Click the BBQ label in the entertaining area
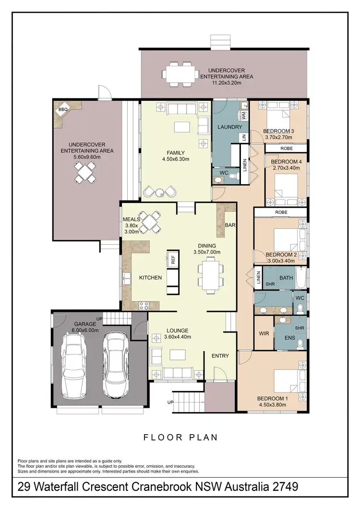63,110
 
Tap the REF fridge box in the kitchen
173,260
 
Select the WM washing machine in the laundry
243,116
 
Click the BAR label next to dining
230,225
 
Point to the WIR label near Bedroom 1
263,333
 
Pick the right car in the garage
115,364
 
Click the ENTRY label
220,355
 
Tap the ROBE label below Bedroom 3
286,149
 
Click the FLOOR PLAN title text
180,438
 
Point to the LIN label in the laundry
244,137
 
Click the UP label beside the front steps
170,402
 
